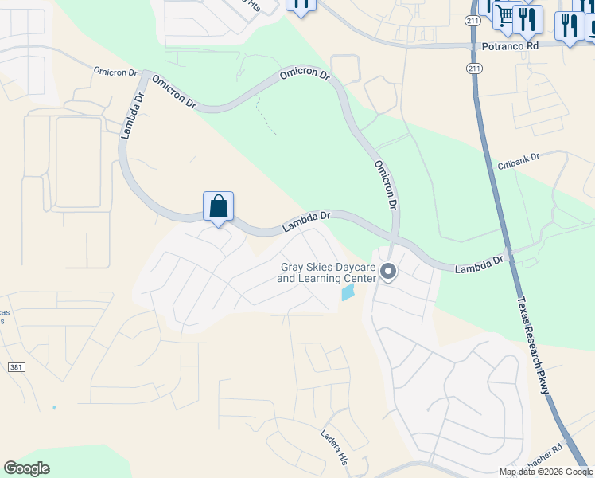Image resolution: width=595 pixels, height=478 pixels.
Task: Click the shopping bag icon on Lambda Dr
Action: click(219, 207)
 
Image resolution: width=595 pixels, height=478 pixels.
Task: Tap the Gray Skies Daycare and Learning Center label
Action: click(326, 273)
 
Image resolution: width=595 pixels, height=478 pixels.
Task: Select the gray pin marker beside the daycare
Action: click(388, 272)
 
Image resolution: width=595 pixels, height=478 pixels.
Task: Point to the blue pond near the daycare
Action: click(348, 293)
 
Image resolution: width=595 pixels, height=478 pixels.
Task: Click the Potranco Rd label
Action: click(510, 46)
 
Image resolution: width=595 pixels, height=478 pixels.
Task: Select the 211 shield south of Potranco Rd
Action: click(474, 69)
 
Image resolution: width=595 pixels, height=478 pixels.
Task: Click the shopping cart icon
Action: click(505, 15)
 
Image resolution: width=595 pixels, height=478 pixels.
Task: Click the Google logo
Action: click(26, 468)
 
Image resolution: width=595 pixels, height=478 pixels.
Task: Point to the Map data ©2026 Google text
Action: click(546, 472)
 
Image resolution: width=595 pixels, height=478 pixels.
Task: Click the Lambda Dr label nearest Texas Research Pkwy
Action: click(480, 264)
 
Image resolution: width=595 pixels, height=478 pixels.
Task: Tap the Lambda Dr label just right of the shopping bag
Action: click(306, 222)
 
